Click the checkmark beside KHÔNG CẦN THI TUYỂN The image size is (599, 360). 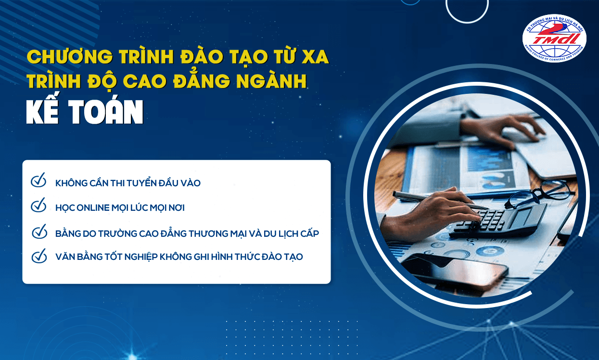[38, 181]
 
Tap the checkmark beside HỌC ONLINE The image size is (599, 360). [38, 206]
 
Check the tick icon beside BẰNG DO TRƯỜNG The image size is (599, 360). [38, 231]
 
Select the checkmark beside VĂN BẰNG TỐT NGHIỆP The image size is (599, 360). [38, 256]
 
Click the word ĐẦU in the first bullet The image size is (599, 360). [166, 183]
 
